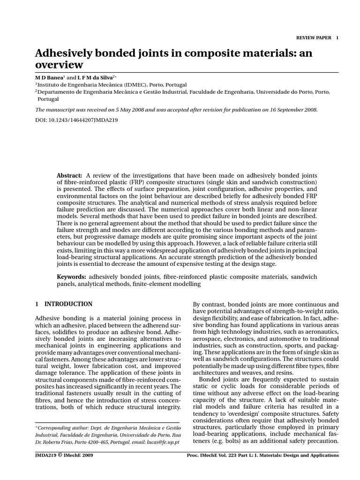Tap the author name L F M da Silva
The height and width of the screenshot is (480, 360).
(x=95, y=77)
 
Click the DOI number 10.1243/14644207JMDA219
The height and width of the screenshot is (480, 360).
(x=83, y=120)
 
